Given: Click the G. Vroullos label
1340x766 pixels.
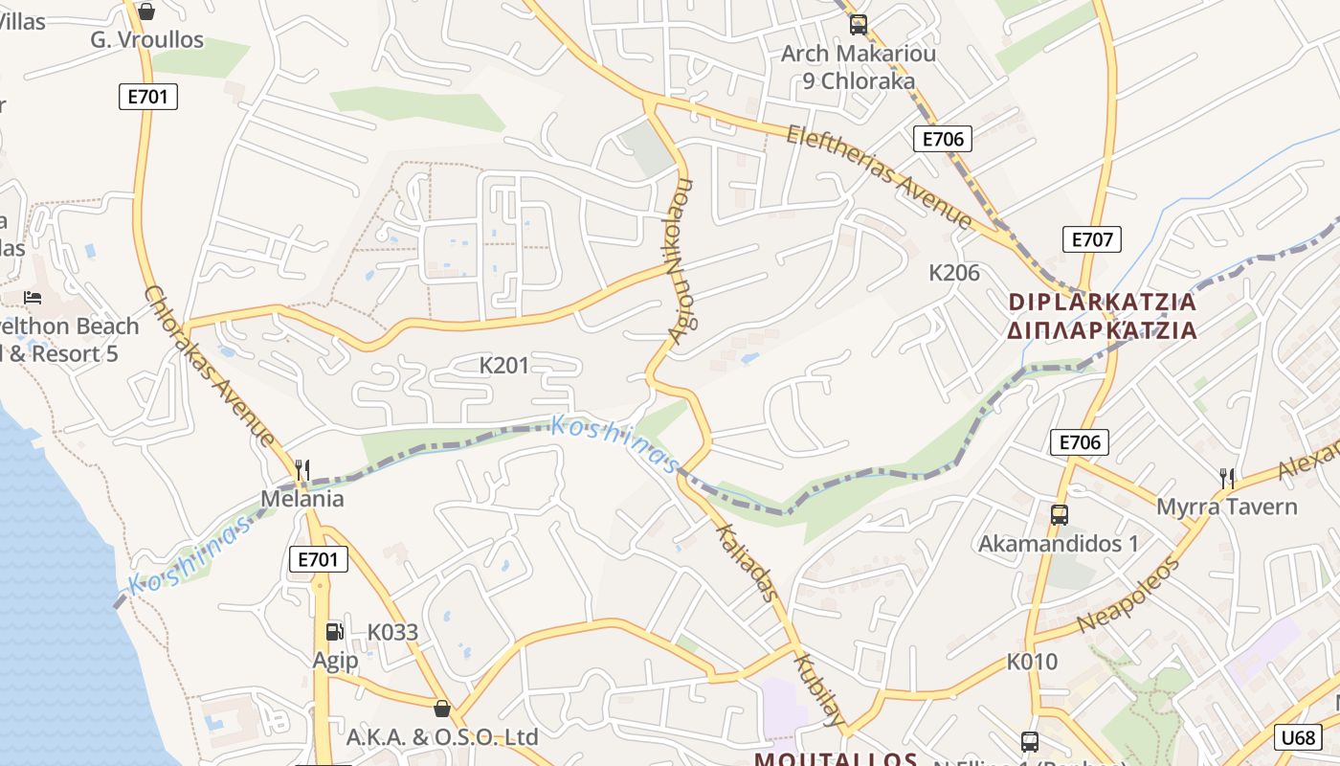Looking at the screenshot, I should click(x=147, y=39).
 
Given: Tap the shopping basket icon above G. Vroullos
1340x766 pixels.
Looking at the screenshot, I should click(x=146, y=11).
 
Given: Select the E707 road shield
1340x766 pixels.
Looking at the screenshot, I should click(x=1091, y=239).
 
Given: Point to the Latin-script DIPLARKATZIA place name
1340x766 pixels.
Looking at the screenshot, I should click(x=1103, y=302).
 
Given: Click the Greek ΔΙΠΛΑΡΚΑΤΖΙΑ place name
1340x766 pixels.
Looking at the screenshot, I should click(x=1103, y=330).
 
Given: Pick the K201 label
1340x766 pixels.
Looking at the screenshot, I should click(x=503, y=365).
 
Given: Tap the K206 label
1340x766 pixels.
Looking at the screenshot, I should click(x=954, y=273).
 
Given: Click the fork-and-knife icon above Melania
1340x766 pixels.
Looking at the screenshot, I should click(x=302, y=469).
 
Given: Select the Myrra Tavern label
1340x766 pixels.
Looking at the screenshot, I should click(x=1227, y=507).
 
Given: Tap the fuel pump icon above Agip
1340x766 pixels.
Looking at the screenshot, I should click(x=334, y=631).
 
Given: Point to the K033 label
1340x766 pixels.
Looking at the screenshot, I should click(x=393, y=632).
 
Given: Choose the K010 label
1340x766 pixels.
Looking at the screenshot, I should click(x=1032, y=662).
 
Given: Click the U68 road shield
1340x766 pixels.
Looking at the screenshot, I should click(x=1297, y=736).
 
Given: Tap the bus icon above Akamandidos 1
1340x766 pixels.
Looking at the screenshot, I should click(x=1060, y=515).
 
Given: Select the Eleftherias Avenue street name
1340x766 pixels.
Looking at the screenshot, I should click(x=880, y=176).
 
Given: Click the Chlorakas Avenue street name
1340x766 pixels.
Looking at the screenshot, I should click(x=210, y=366).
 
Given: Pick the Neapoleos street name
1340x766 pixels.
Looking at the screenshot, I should click(x=1129, y=595).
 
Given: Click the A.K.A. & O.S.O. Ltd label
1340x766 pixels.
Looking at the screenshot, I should click(x=442, y=737).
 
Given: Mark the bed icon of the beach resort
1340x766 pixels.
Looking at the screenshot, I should click(x=33, y=298).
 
